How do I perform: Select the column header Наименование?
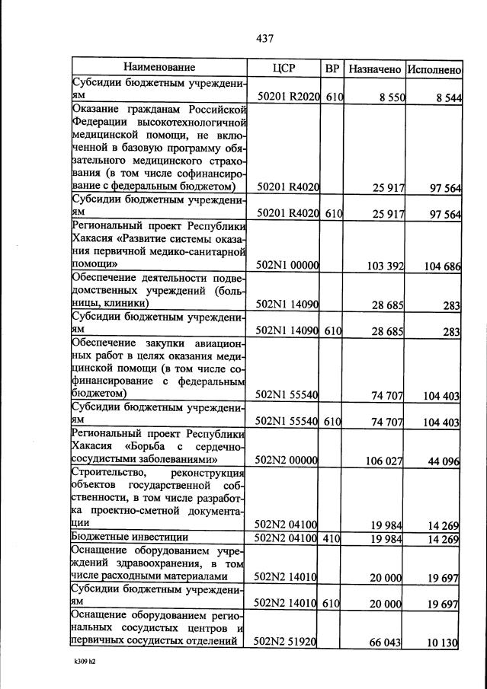pyautogui.click(x=159, y=69)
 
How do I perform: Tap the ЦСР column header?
pyautogui.click(x=284, y=69)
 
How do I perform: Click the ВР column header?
pyautogui.click(x=332, y=69)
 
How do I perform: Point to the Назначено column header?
pyautogui.click(x=374, y=69)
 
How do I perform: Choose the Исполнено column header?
pyautogui.click(x=434, y=69)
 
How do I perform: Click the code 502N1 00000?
pyautogui.click(x=287, y=266)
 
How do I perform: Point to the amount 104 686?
pyautogui.click(x=439, y=266)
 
